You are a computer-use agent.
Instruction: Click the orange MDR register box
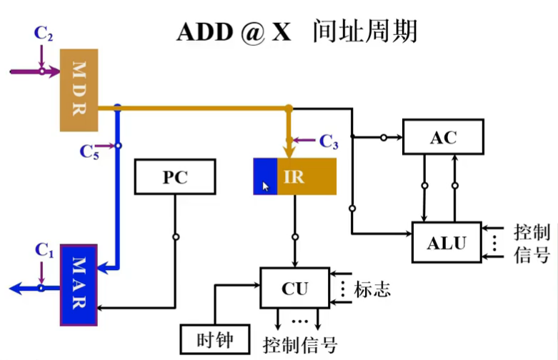point(78,90)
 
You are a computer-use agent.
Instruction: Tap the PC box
point(175,176)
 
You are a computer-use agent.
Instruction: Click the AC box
point(443,137)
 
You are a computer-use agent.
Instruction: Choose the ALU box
point(447,242)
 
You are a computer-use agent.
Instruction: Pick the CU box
point(294,288)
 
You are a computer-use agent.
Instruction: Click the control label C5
point(89,151)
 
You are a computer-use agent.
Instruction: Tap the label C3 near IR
point(329,141)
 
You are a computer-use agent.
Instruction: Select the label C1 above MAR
point(45,251)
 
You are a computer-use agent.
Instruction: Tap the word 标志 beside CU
point(372,289)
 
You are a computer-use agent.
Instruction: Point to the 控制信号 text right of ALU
point(532,244)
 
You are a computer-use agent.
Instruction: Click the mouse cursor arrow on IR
point(266,186)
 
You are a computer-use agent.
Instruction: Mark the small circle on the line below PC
point(175,236)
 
